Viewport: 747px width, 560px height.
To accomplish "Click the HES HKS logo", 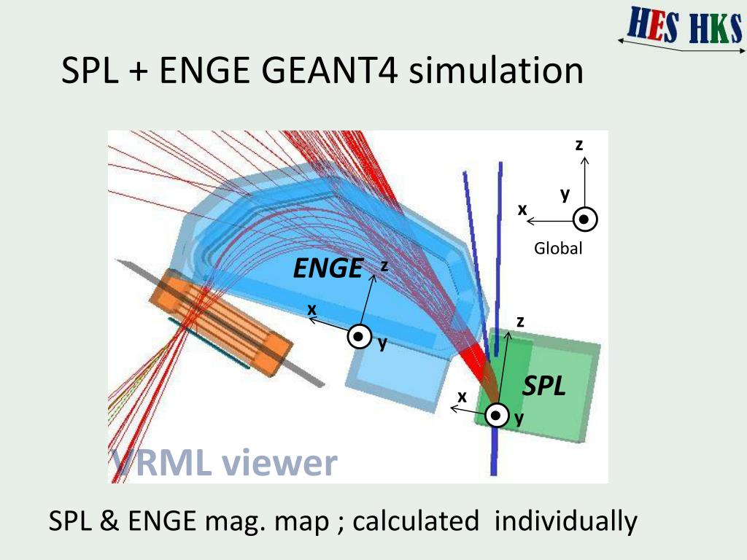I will (683, 27).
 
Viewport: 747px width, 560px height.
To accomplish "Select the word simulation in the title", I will (496, 71).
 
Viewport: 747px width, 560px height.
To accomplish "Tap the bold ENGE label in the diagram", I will (328, 269).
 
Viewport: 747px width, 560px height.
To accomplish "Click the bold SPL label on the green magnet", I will (543, 386).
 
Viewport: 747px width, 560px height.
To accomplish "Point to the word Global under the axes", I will (558, 249).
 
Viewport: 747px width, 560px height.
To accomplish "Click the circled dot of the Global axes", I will (585, 219).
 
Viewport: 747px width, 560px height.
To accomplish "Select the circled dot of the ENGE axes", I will (360, 337).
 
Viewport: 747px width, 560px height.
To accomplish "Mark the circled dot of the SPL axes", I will (496, 415).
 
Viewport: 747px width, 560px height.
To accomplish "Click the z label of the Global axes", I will (579, 145).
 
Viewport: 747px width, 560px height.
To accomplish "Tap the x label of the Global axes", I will (522, 209).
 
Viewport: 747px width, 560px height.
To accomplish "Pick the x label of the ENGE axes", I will (312, 309).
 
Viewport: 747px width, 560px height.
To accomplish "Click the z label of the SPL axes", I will (520, 321).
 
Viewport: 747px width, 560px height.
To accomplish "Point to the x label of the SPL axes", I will (462, 397).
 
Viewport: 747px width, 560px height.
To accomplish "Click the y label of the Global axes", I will (565, 195).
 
